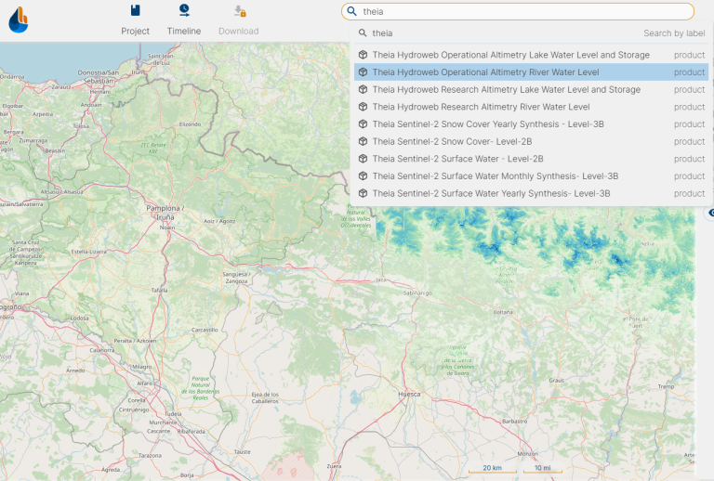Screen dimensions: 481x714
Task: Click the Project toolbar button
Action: pyautogui.click(x=136, y=19)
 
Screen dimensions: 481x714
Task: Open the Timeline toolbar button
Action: pyautogui.click(x=184, y=19)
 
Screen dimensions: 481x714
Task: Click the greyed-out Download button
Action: pyautogui.click(x=239, y=19)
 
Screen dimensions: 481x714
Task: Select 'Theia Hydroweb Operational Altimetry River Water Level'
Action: pyautogui.click(x=485, y=72)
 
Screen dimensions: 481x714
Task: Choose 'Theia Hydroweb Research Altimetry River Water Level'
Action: pyautogui.click(x=481, y=107)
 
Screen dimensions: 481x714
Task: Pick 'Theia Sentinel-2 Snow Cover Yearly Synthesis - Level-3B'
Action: pyautogui.click(x=488, y=124)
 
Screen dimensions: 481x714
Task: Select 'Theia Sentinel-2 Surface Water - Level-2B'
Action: pyautogui.click(x=457, y=159)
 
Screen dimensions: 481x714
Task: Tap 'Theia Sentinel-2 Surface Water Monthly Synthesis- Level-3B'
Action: pyautogui.click(x=496, y=176)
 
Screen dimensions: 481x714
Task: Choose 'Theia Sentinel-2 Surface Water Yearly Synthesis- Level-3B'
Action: pyautogui.click(x=491, y=194)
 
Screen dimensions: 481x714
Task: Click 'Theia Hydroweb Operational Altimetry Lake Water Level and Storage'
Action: pyautogui.click(x=510, y=55)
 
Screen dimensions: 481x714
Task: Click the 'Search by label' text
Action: pyautogui.click(x=674, y=33)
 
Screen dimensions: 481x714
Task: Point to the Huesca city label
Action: pyautogui.click(x=409, y=395)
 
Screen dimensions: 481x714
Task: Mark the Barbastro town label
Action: pyautogui.click(x=513, y=421)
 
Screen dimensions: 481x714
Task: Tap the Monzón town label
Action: pyautogui.click(x=527, y=453)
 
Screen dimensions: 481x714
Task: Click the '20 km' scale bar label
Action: pyautogui.click(x=492, y=467)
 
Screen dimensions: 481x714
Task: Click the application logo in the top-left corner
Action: pyautogui.click(x=18, y=19)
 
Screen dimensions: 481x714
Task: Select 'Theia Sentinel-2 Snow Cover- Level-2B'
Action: pyautogui.click(x=452, y=142)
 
